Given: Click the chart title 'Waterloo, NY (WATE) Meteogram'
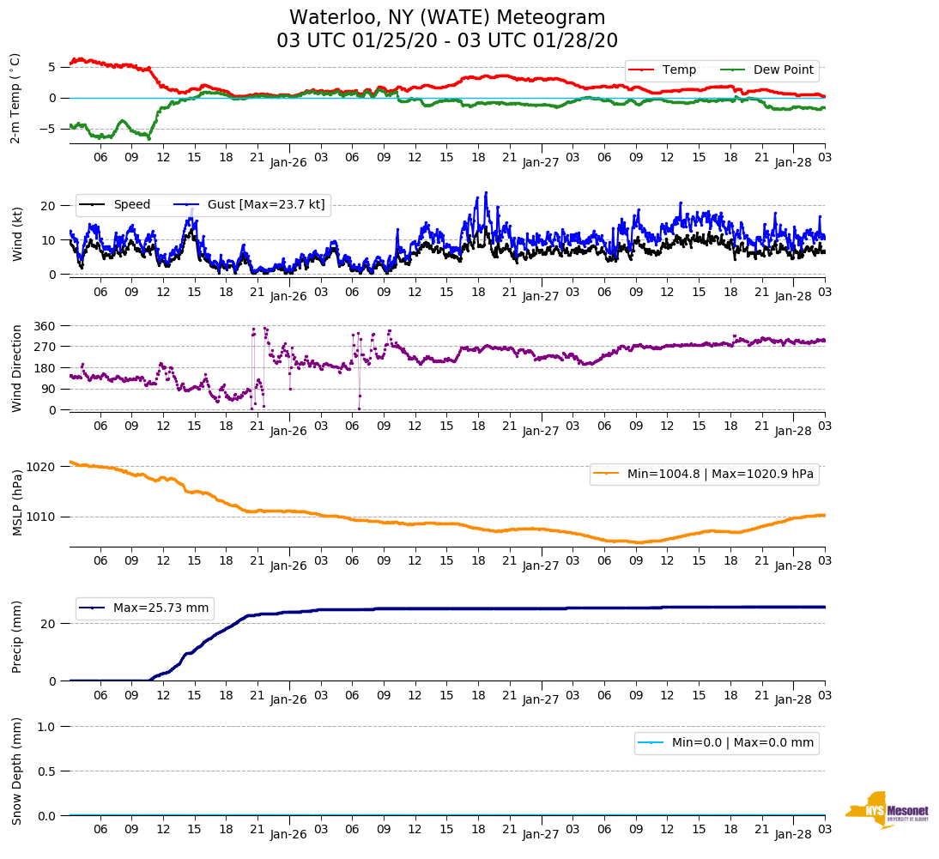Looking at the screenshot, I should tap(447, 18).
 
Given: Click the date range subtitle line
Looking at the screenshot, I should tap(447, 41).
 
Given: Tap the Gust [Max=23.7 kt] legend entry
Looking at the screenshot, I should tap(250, 204).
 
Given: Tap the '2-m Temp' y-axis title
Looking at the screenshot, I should tap(15, 98).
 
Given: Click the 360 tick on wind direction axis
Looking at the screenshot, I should tap(45, 326).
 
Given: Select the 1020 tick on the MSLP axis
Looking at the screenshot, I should tap(42, 467).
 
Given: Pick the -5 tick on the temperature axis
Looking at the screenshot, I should tap(51, 130).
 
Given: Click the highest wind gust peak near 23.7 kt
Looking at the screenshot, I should tap(486, 192).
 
